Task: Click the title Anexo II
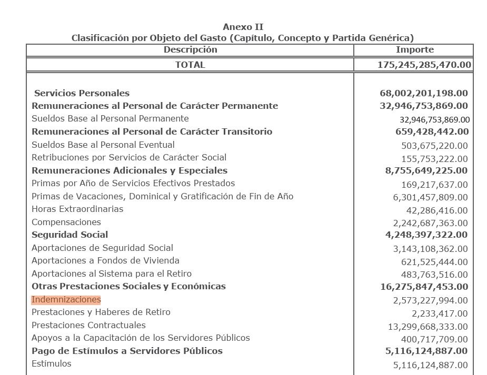(x=243, y=27)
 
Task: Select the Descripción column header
(x=190, y=49)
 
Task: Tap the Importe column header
(x=415, y=49)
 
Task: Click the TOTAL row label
(x=190, y=65)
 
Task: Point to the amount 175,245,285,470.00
(x=424, y=65)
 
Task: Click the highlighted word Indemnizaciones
(x=66, y=299)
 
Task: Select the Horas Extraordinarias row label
(x=77, y=209)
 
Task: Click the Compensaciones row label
(x=66, y=222)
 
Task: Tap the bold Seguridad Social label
(x=69, y=235)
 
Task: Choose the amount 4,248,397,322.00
(x=426, y=235)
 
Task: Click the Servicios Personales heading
(x=82, y=93)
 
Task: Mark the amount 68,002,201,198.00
(x=423, y=93)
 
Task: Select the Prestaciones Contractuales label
(x=88, y=325)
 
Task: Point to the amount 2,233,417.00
(x=440, y=313)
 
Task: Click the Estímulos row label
(x=52, y=363)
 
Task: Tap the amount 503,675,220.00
(x=434, y=146)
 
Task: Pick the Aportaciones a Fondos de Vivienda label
(x=105, y=260)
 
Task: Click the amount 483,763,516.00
(x=434, y=275)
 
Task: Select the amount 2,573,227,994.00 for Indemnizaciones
(x=430, y=300)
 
